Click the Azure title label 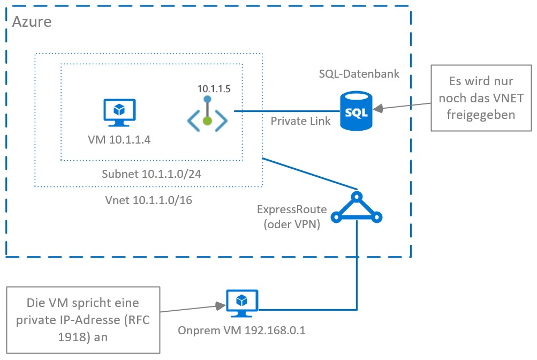point(32,22)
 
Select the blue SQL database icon point(356,111)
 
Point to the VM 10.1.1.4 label point(119,141)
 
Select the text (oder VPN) point(292,224)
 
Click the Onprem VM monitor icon point(241,304)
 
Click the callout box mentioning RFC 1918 point(83,319)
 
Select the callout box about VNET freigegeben point(481,98)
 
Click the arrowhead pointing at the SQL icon point(378,109)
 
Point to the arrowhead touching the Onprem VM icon point(220,306)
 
